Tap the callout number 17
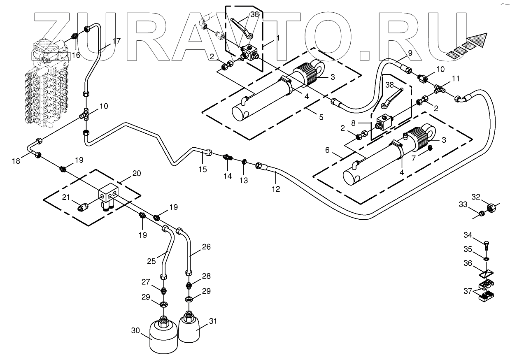116,41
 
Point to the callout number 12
276,189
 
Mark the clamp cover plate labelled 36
486,272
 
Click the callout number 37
468,291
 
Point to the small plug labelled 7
430,148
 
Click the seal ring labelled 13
244,161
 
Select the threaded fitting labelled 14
228,157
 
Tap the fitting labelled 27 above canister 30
163,290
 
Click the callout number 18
16,161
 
